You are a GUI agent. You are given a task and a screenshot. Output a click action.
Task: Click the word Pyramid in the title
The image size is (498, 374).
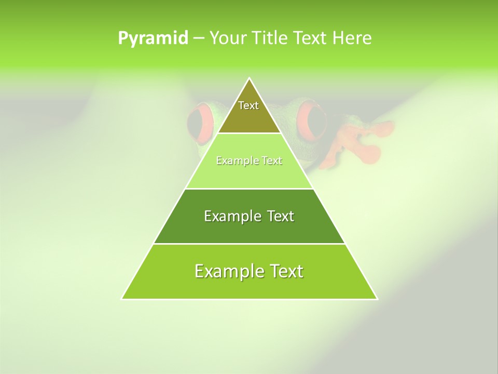[153, 38]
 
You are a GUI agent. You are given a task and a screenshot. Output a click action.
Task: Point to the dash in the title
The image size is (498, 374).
[199, 38]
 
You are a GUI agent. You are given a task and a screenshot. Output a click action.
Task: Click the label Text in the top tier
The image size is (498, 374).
[248, 105]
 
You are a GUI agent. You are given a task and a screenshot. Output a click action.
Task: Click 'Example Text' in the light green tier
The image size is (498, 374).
[249, 161]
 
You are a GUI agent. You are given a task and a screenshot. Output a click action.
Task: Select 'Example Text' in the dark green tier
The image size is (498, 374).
[249, 216]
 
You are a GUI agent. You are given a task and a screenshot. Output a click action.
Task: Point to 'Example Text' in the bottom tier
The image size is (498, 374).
[249, 271]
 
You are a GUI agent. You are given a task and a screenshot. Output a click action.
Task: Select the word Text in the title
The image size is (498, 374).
[311, 38]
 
